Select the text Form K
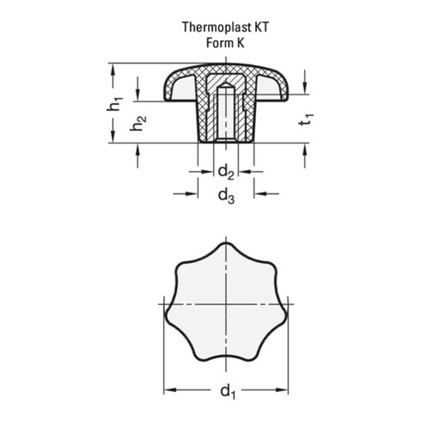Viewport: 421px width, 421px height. [x=225, y=43]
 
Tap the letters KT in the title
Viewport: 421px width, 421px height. [x=261, y=27]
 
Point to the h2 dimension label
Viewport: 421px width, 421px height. [x=138, y=124]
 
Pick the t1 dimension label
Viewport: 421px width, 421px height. [x=306, y=119]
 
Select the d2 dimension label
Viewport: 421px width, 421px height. [x=226, y=172]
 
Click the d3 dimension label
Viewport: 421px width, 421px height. [x=226, y=196]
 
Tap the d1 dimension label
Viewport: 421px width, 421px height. [x=228, y=391]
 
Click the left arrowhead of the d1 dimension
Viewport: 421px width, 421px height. [x=170, y=390]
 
